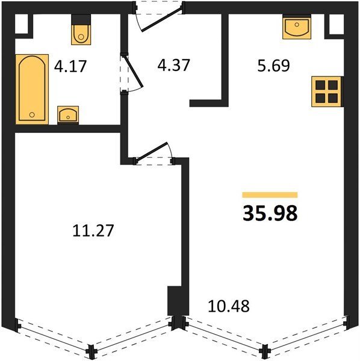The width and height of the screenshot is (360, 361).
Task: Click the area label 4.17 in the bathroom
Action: [x=70, y=66]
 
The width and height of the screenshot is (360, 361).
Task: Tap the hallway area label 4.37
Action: [x=173, y=65]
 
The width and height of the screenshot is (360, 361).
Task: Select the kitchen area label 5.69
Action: [x=274, y=66]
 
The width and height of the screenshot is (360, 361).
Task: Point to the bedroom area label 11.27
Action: [x=93, y=230]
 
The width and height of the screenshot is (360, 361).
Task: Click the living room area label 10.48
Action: [x=229, y=306]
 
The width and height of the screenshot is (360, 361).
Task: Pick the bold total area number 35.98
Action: [x=270, y=213]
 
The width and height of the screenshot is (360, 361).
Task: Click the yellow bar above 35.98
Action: [x=270, y=195]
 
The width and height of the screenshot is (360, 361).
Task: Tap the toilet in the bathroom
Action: [x=81, y=29]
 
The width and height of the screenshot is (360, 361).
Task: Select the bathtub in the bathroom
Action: [x=32, y=89]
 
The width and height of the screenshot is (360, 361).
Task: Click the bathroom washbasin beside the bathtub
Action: [x=68, y=115]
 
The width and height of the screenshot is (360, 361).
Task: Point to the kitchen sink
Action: [x=297, y=26]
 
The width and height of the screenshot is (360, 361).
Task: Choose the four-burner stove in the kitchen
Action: [x=327, y=91]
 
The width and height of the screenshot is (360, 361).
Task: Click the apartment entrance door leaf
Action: [x=161, y=19]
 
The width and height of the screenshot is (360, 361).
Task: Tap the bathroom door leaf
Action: [x=134, y=71]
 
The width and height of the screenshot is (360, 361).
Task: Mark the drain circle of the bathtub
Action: [x=32, y=114]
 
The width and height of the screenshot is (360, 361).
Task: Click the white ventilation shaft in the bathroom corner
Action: [x=22, y=24]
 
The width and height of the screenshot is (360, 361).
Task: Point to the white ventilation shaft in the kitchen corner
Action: [x=337, y=24]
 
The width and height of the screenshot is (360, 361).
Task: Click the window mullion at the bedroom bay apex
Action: [x=92, y=351]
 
